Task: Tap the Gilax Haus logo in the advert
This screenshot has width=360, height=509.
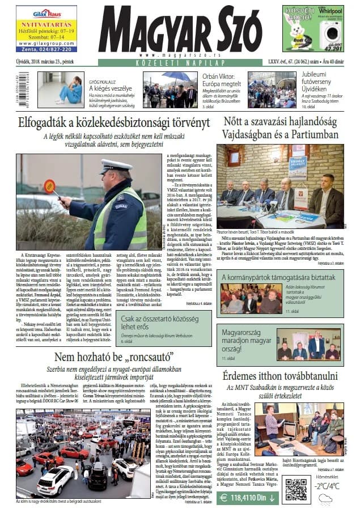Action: coord(46,13)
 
